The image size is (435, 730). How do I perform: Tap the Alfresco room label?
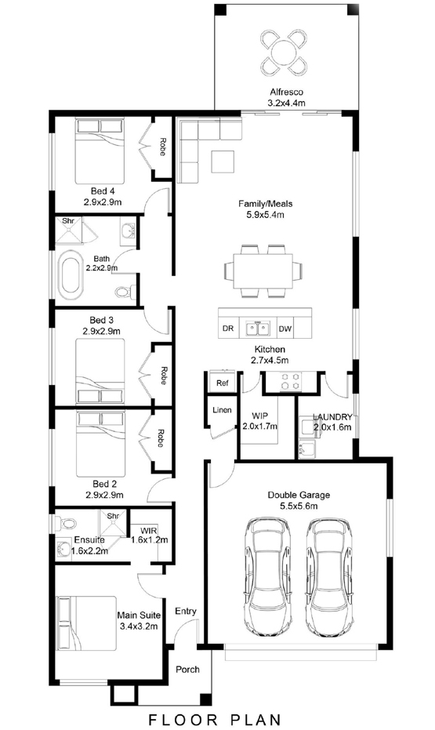point(286,93)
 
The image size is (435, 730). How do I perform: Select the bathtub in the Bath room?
point(71,274)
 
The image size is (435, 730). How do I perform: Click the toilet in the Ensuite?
point(66,523)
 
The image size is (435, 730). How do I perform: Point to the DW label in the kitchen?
point(285,329)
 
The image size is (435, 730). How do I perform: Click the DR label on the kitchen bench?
point(228,329)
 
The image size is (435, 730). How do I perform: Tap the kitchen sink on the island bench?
point(258,329)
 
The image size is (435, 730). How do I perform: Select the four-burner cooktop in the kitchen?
point(290,381)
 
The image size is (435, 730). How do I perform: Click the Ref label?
point(223,383)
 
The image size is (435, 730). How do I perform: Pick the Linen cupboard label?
point(222,410)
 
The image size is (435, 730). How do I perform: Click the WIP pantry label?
point(259,416)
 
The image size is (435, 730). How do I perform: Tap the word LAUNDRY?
point(332,417)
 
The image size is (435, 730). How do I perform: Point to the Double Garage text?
point(299,495)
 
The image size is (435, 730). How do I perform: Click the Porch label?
point(187,670)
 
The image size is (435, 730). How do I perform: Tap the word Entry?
point(186,612)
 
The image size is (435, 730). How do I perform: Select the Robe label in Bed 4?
point(163,147)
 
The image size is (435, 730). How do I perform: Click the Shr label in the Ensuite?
point(113,516)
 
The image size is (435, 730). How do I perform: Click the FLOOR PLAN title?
point(216,719)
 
